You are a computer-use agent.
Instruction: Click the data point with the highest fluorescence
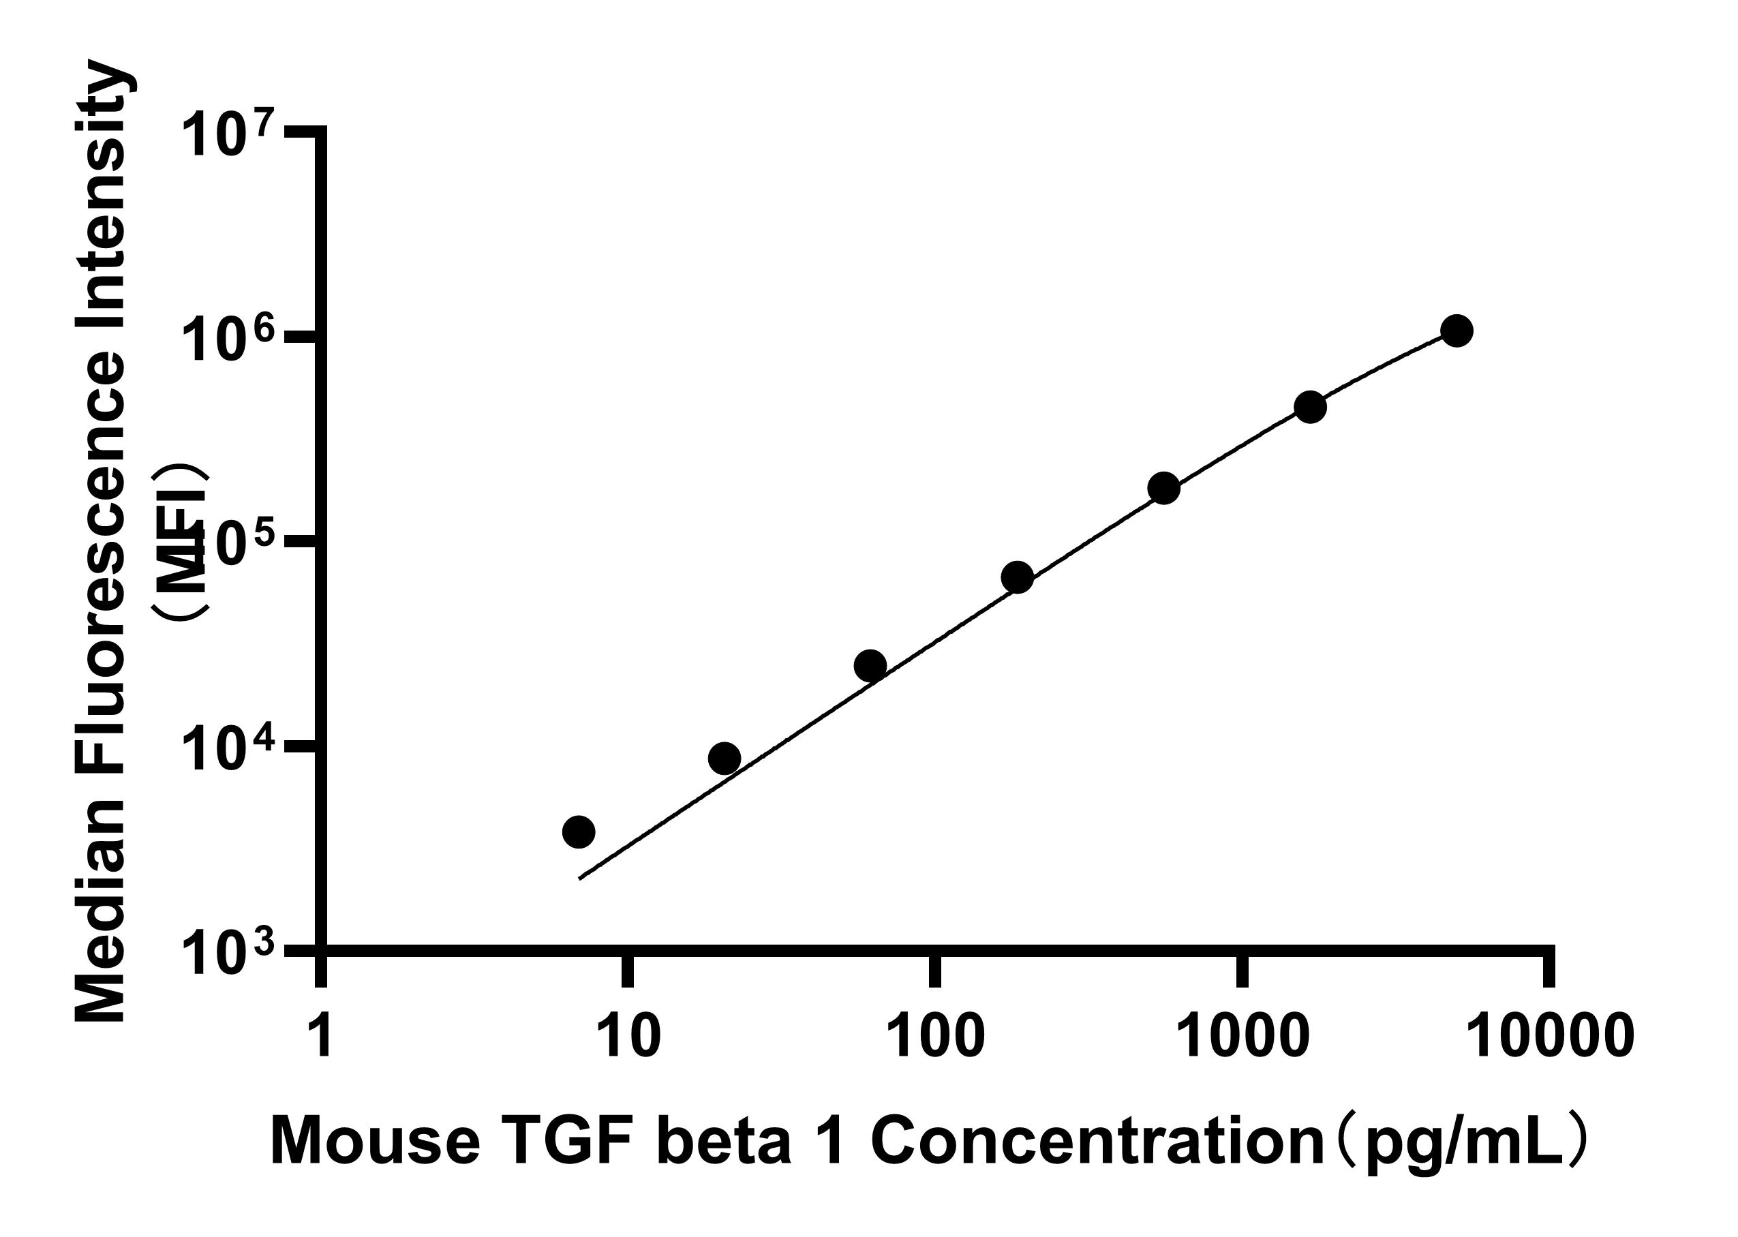(x=1457, y=331)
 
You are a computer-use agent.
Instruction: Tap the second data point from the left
(x=725, y=758)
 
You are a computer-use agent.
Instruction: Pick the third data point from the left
(x=870, y=666)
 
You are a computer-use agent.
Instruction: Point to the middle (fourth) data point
(x=1018, y=577)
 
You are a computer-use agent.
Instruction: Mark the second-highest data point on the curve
(x=1311, y=408)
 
